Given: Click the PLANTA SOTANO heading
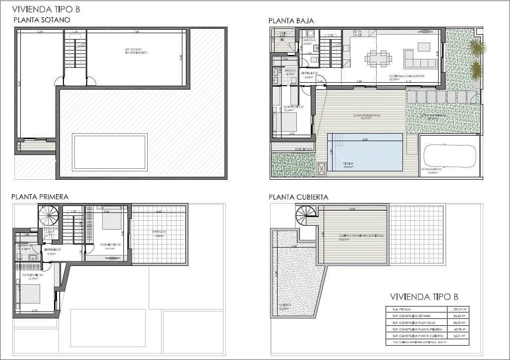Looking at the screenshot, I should coord(42,20).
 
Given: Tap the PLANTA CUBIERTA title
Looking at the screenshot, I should coord(298,197).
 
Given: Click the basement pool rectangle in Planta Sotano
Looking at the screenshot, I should coord(110,152).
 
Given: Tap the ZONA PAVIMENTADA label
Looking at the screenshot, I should coord(367,115).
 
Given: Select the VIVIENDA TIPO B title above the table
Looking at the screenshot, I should coord(424,297).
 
